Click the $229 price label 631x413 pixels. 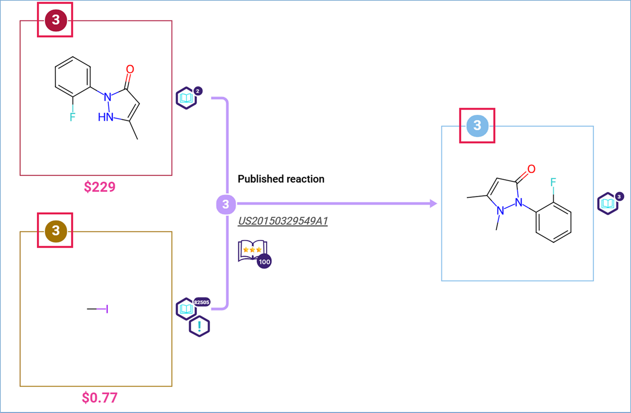[x=100, y=187]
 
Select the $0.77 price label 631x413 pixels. [x=100, y=397]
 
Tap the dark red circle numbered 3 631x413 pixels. [x=55, y=20]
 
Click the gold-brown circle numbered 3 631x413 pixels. [x=55, y=230]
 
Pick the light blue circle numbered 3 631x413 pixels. [x=477, y=125]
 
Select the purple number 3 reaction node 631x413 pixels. [x=225, y=204]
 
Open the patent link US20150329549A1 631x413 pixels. [x=282, y=221]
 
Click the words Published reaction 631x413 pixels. [x=281, y=179]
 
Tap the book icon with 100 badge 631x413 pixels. [x=253, y=253]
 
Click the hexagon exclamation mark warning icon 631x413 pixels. [x=199, y=326]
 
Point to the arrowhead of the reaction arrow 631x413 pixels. [x=433, y=204]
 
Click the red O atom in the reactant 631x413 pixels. [x=130, y=69]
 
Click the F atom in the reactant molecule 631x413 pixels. [x=72, y=117]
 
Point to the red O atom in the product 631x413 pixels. [x=531, y=170]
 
